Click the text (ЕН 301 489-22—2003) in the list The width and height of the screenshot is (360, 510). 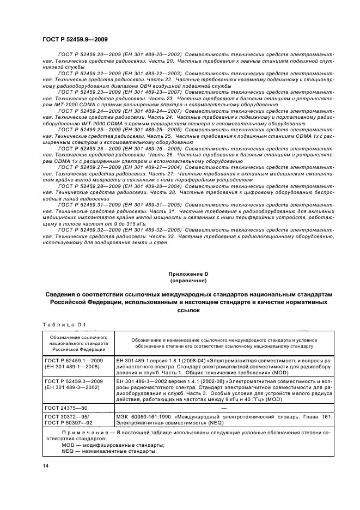click(153, 73)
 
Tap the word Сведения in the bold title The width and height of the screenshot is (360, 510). click(63, 294)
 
